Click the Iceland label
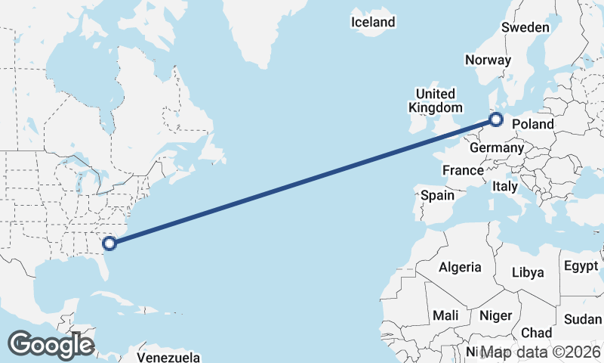click(373, 22)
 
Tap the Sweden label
click(525, 27)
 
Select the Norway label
click(488, 60)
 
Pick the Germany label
click(496, 148)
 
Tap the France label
click(463, 170)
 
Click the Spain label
click(437, 195)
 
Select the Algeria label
click(460, 267)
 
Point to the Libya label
click(527, 272)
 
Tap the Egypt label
click(581, 266)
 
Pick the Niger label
click(495, 315)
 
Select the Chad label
click(536, 333)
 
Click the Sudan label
click(583, 318)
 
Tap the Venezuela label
click(168, 356)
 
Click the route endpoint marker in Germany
click(497, 119)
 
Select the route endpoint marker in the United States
click(110, 243)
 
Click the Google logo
click(51, 345)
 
